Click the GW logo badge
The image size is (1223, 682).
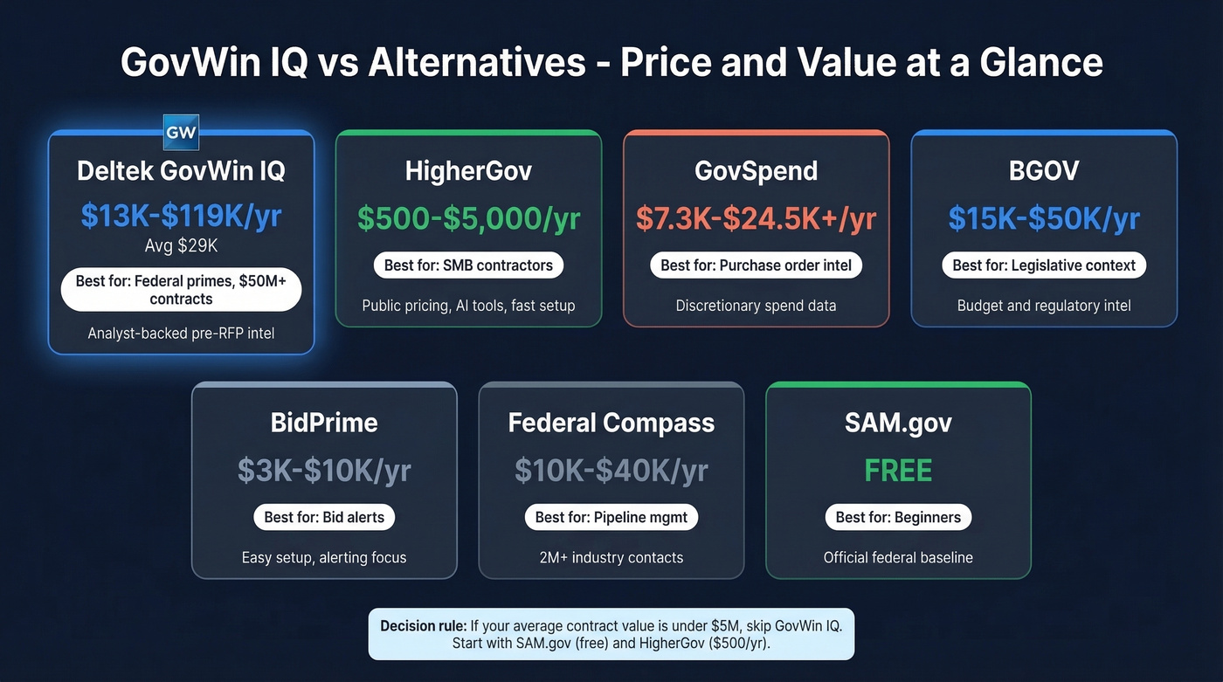[181, 133]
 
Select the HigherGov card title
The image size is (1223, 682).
[468, 171]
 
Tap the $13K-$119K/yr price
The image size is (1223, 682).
[181, 216]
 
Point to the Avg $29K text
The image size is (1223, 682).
[181, 246]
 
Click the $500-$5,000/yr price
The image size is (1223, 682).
[468, 218]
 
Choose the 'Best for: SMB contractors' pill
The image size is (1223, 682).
[468, 265]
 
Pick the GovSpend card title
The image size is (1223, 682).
[756, 171]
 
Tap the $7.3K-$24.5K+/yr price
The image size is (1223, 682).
[756, 218]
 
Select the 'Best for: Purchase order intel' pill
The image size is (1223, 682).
[756, 265]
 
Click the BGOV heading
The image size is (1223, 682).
[1044, 171]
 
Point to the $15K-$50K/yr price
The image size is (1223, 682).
[1044, 218]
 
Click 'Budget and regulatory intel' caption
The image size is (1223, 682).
[1044, 306]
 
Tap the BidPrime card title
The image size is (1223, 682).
[324, 423]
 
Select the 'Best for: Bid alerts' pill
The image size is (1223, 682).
[324, 517]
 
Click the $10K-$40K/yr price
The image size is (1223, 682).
[611, 471]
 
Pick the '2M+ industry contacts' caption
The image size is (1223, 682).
[611, 557]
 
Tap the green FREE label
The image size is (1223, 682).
[898, 471]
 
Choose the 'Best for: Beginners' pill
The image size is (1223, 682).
[898, 517]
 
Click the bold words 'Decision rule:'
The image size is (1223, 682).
[423, 626]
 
